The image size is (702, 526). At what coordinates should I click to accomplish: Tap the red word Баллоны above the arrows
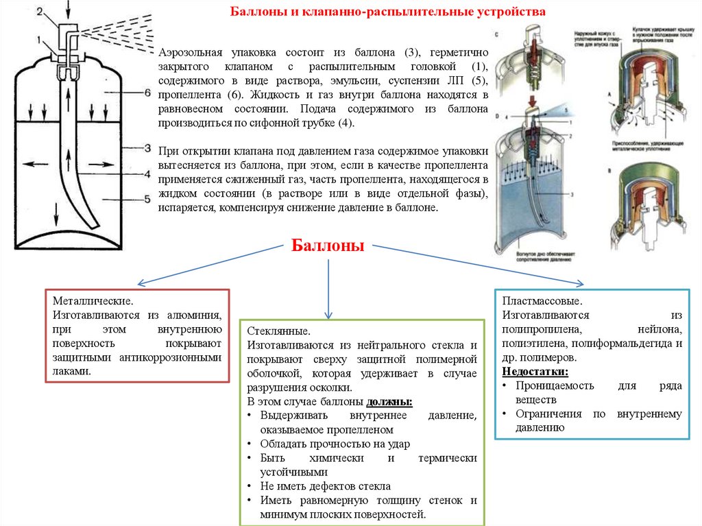(x=328, y=246)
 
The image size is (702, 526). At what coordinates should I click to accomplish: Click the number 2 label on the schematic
(x=40, y=11)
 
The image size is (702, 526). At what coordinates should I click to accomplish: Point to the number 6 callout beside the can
(x=147, y=91)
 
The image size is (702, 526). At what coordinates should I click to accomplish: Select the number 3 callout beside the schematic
(x=147, y=147)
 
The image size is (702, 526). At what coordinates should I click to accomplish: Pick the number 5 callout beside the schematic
(x=147, y=200)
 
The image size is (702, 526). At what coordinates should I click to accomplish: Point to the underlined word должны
(x=389, y=401)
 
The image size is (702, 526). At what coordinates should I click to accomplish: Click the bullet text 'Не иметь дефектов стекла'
(x=326, y=485)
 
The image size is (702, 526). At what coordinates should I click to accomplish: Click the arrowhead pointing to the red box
(x=140, y=283)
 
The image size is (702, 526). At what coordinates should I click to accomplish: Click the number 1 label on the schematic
(x=40, y=39)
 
